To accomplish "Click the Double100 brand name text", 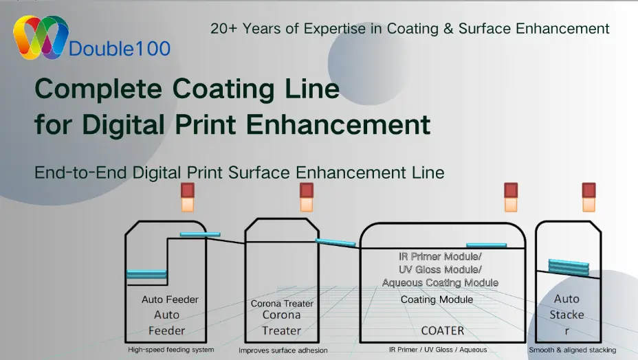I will point(120,49).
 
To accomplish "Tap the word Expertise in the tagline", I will point(332,28).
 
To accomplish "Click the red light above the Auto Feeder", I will point(188,190).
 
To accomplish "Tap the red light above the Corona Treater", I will point(307,190).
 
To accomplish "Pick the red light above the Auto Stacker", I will point(588,190).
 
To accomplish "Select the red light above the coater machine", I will point(511,190).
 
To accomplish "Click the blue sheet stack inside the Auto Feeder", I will point(146,274).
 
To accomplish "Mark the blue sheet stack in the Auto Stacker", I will point(568,267).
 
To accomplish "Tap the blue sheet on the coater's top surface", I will point(486,245).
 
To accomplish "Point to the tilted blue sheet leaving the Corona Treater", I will point(335,242).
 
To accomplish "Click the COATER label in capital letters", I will point(443,330).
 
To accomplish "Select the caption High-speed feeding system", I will point(170,350).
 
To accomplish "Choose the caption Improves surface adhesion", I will point(283,350).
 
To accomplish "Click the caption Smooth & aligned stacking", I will point(572,350).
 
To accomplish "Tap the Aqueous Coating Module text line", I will point(440,282).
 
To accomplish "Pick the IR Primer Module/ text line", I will point(440,256).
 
